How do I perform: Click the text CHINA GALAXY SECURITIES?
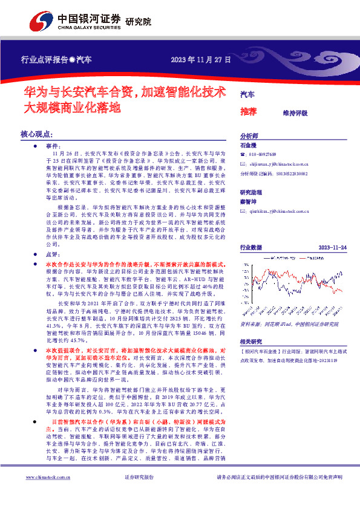point(88,27)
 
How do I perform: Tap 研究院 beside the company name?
point(139,22)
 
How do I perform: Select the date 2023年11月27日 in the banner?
point(201,60)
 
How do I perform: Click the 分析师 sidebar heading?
point(249,137)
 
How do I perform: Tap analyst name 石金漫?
point(249,146)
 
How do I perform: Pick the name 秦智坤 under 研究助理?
point(249,200)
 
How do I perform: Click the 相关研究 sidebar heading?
point(250,341)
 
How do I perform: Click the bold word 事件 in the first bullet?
point(53,147)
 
